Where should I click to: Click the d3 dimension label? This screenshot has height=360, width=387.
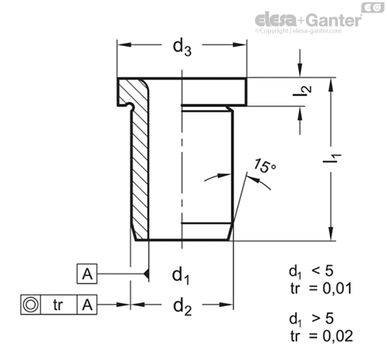click(x=182, y=48)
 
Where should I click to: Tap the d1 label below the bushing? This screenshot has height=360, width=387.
click(x=181, y=276)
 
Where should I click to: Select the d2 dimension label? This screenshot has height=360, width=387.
click(x=182, y=308)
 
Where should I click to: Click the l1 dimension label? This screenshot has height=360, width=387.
click(x=332, y=158)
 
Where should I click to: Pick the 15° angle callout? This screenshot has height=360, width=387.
click(x=264, y=166)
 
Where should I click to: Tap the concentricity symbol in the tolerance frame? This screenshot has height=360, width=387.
click(x=31, y=304)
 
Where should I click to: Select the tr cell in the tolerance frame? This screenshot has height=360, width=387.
click(x=59, y=304)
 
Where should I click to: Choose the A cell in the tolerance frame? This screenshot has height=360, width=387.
click(x=87, y=304)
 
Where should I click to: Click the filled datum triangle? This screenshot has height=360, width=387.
click(x=146, y=274)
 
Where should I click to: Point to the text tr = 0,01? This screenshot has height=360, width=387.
click(x=321, y=289)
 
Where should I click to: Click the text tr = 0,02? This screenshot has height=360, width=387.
click(x=322, y=336)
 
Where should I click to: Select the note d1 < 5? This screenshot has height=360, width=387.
click(x=311, y=272)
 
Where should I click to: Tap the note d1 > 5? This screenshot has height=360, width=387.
click(x=312, y=320)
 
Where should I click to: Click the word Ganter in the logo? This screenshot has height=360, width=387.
click(x=335, y=20)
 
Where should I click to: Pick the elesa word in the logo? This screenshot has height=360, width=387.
click(x=276, y=19)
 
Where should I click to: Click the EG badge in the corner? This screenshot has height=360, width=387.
click(x=373, y=8)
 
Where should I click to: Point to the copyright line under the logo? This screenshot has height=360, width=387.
click(x=298, y=31)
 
